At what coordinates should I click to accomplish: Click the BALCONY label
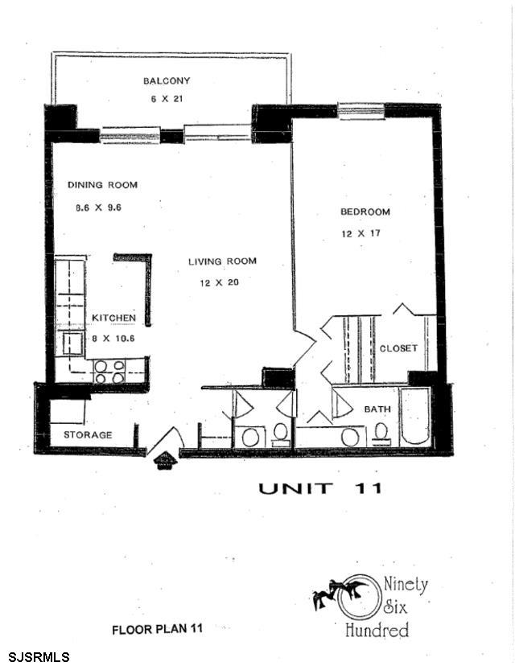point(166,80)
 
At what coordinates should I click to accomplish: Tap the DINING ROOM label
point(102,185)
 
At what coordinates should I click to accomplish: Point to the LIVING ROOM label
point(222,261)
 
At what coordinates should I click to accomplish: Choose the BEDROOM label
point(365,212)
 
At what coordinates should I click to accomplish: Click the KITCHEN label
point(113,318)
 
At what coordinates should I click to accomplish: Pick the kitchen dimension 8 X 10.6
point(113,338)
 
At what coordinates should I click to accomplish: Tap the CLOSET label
point(398,348)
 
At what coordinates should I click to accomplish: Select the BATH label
point(377,409)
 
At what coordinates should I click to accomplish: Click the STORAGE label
point(88,435)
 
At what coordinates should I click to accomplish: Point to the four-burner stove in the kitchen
point(109,371)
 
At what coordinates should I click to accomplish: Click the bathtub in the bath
point(415,417)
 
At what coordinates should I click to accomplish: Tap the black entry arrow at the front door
point(164,460)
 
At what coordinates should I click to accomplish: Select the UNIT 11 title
point(319,487)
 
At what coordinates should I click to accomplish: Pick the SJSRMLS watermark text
point(35,657)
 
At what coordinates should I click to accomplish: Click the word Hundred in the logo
point(376,630)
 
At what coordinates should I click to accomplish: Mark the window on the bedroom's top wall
point(360,107)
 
